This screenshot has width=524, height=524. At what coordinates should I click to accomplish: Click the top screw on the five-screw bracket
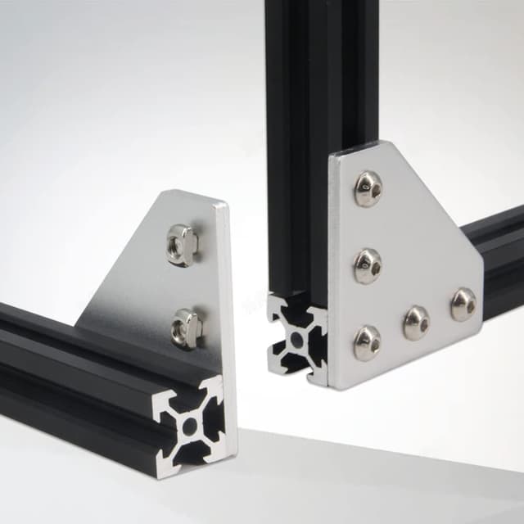tap(368, 187)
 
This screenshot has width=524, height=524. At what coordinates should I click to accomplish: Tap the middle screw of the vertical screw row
tap(368, 264)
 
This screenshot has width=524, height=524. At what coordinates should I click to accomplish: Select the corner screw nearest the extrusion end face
tap(367, 342)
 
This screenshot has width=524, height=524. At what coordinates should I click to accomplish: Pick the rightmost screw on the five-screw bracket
tap(463, 303)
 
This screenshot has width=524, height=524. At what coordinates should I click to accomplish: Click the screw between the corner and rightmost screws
tap(416, 322)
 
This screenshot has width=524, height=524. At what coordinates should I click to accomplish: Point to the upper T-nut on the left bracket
tap(181, 244)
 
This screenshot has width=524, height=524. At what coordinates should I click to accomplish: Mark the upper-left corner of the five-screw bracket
tap(334, 154)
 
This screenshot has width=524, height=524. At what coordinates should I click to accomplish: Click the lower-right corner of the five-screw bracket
tap(481, 337)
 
